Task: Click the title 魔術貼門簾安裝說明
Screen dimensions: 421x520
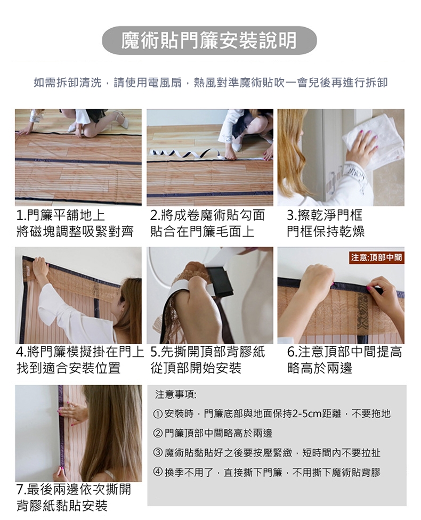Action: (209, 41)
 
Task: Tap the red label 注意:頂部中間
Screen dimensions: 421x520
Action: (376, 257)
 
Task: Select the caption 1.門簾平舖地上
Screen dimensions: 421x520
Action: (61, 216)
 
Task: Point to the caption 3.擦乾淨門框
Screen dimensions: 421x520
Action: (325, 216)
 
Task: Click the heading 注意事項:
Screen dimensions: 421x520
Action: (175, 394)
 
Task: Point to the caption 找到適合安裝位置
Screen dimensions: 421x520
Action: (68, 368)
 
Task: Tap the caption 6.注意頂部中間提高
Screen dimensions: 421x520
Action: (345, 352)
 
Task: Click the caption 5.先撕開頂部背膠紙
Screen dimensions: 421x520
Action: (208, 352)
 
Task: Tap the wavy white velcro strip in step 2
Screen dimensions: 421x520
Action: (186, 153)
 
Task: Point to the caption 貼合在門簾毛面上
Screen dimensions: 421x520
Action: (202, 231)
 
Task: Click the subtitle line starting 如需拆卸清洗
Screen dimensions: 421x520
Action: (210, 83)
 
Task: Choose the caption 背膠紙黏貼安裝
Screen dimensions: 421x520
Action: (62, 506)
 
